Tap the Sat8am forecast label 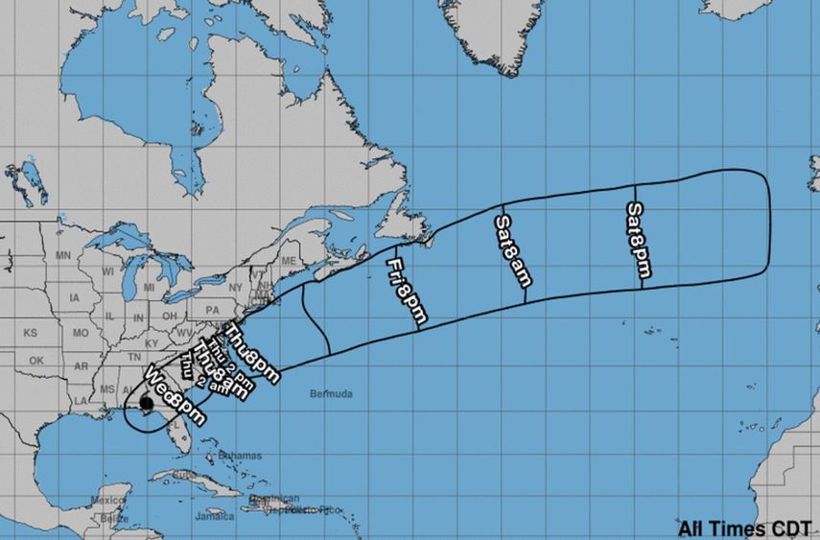pyautogui.click(x=512, y=250)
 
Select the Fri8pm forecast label pyautogui.click(x=407, y=290)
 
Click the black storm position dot pyautogui.click(x=146, y=404)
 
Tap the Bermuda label pyautogui.click(x=332, y=394)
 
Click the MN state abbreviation pyautogui.click(x=64, y=256)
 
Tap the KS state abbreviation pyautogui.click(x=30, y=333)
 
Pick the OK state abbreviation pyautogui.click(x=36, y=361)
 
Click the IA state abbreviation pyautogui.click(x=75, y=297)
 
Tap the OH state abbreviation pyautogui.click(x=168, y=316)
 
